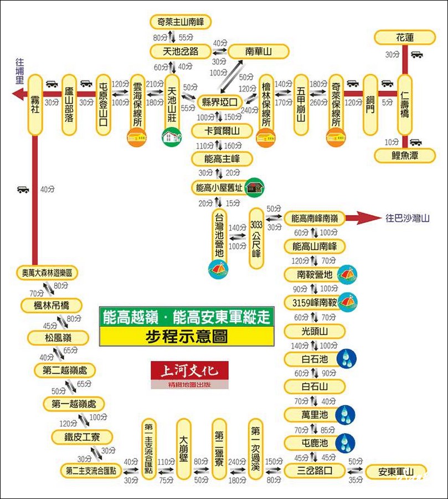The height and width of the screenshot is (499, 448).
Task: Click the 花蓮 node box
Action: pyautogui.click(x=404, y=38)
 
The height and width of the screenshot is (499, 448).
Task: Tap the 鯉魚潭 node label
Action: pyautogui.click(x=404, y=156)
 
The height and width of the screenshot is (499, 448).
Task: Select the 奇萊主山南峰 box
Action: pyautogui.click(x=181, y=23)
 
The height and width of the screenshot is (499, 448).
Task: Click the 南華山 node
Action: pyautogui.click(x=258, y=52)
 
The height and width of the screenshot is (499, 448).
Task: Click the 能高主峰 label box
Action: pyautogui.click(x=222, y=159)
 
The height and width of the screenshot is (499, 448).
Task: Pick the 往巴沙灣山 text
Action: pyautogui.click(x=408, y=218)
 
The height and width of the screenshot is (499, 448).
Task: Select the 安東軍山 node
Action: pyautogui.click(x=396, y=472)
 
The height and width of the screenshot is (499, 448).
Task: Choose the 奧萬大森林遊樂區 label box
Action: pyautogui.click(x=47, y=273)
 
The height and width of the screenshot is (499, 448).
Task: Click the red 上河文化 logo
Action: pyautogui.click(x=189, y=370)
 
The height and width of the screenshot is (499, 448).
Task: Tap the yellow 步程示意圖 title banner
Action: pyautogui.click(x=187, y=336)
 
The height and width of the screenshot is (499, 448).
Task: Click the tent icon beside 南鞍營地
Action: pyautogui.click(x=348, y=274)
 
